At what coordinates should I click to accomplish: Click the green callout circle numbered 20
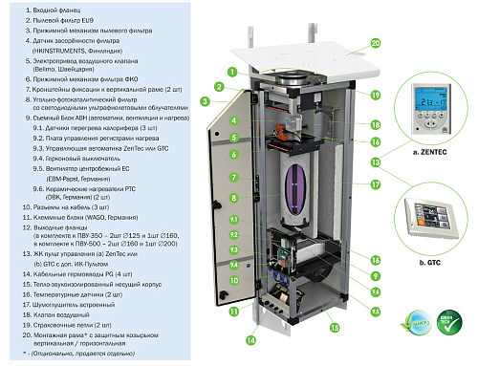coord(375,43)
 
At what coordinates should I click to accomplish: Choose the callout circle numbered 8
coord(232,198)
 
